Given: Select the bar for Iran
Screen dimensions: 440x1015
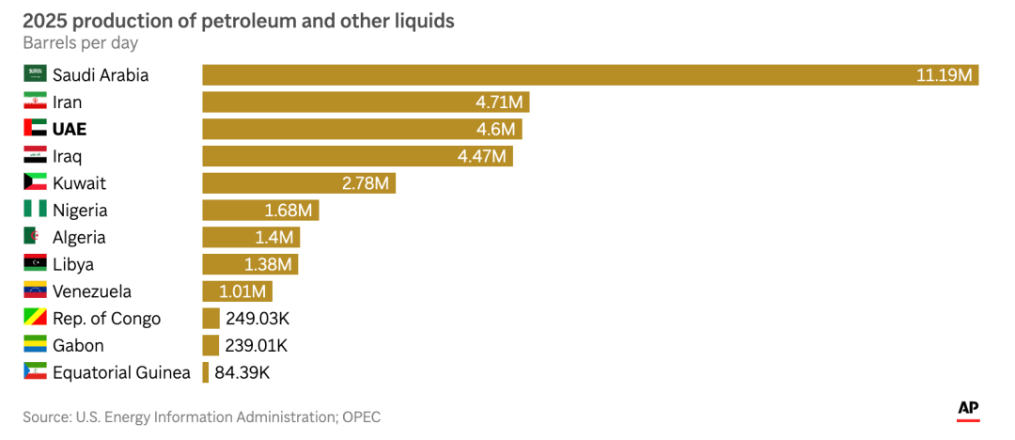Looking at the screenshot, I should pos(367,102).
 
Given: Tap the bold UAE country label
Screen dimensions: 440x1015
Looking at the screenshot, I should pos(70,130).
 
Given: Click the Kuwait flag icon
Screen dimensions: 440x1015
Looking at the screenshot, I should pos(35,183).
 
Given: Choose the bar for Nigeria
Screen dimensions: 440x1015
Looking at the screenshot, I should pos(260,211).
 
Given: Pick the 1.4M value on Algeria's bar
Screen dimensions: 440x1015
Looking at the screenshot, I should pos(274,238).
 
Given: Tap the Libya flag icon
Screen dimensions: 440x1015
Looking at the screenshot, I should pos(35,264).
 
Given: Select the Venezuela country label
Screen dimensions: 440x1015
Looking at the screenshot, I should pos(92,291).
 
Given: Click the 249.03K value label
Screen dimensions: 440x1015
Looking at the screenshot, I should pos(257,319).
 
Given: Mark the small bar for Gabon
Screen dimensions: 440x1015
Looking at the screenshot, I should pos(211,345).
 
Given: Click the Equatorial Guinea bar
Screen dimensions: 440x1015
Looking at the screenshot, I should pos(206,372).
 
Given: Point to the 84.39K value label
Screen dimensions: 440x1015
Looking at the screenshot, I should pos(242,372).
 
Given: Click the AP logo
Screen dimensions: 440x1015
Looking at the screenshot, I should pos(968,409).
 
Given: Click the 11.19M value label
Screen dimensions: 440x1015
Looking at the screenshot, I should pos(944,75).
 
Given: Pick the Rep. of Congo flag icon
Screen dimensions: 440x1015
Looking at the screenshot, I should pos(35,319).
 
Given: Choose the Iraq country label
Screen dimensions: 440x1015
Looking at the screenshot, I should pos(68,156).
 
